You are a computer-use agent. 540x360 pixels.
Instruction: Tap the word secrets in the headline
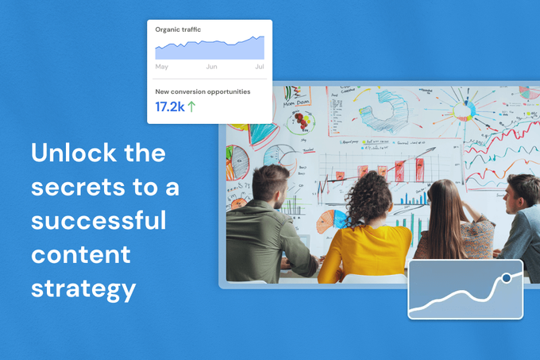(75, 188)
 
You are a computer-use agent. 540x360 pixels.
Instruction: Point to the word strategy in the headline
(83, 287)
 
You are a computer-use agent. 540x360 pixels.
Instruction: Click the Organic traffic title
(179, 29)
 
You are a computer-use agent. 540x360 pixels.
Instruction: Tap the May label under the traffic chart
(162, 67)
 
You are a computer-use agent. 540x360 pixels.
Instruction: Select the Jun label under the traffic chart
(212, 67)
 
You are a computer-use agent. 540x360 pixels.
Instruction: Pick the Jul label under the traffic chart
(259, 67)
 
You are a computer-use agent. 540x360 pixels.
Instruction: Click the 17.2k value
(169, 106)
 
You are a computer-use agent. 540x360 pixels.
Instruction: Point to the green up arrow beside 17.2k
(191, 106)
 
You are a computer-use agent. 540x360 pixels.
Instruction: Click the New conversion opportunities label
(202, 91)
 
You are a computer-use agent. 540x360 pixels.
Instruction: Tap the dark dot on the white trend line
(506, 278)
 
